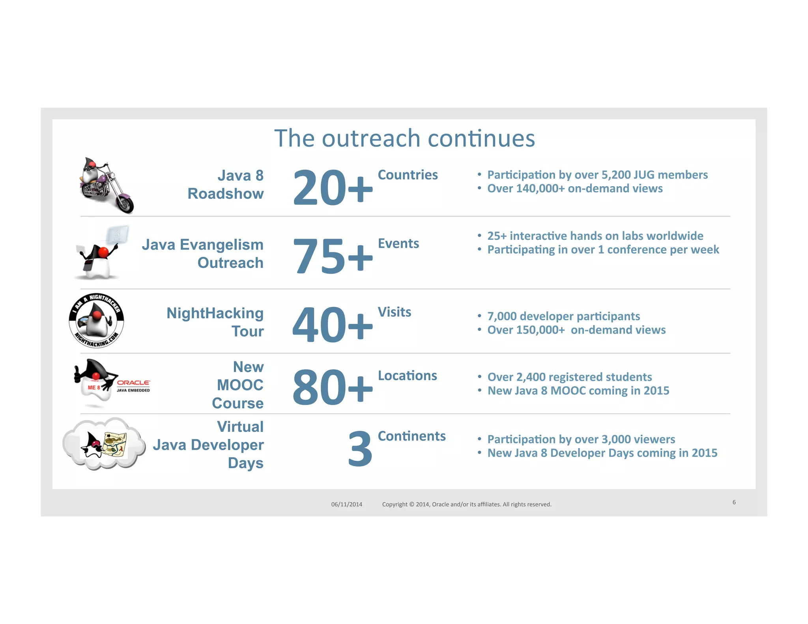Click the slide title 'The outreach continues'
404,138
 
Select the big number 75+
332,256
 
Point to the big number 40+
332,325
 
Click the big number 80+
332,387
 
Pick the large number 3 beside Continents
360,449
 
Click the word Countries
408,175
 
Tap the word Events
398,243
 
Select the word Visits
394,312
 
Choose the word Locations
407,376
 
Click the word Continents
411,436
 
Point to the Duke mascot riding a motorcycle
106,185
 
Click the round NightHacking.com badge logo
96,321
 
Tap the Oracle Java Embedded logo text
133,386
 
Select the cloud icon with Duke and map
104,444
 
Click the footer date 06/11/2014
346,504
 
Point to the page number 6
734,502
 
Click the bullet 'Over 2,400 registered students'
569,377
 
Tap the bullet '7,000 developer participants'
563,316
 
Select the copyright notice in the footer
466,504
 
